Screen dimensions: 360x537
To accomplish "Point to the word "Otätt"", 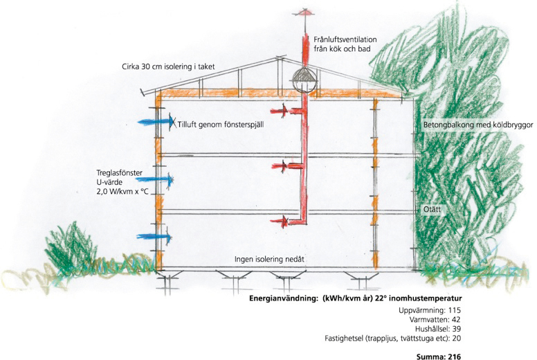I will pos(432,208).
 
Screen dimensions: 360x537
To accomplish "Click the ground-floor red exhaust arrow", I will pos(281,222).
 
